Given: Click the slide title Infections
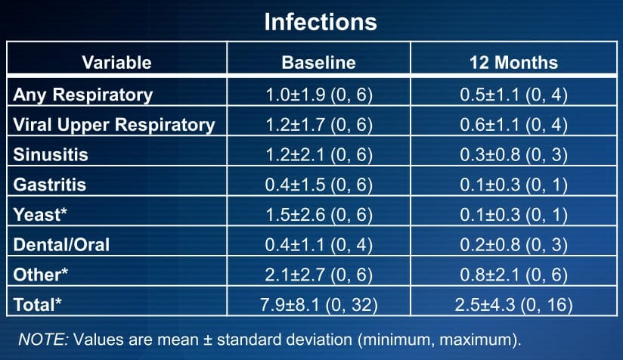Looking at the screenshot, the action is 321,21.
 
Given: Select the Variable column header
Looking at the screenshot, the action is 116,62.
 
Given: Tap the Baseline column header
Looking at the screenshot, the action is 318,62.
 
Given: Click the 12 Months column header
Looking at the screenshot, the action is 513,62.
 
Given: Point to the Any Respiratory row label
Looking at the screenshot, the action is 82,95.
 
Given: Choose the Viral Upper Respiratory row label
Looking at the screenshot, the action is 114,125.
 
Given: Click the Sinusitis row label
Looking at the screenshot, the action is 51,154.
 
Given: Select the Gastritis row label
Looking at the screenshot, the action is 50,185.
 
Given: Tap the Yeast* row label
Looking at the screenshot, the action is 40,215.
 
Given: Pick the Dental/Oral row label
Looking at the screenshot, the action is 61,244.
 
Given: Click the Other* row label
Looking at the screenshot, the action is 41,275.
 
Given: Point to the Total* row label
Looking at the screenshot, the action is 37,305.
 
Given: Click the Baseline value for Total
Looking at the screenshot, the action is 318,305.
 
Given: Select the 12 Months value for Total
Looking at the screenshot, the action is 513,305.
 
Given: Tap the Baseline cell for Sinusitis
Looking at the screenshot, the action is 318,154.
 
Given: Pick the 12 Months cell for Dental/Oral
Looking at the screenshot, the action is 513,245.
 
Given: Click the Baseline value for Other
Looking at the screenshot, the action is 318,275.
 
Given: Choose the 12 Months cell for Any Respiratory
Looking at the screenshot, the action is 513,95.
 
